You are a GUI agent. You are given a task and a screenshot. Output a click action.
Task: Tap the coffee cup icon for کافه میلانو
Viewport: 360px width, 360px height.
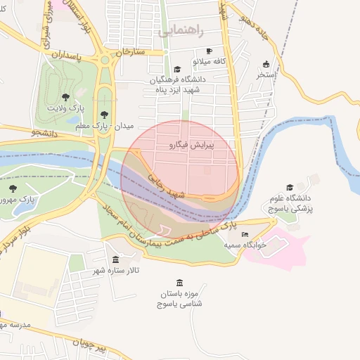pyautogui.click(x=209, y=51)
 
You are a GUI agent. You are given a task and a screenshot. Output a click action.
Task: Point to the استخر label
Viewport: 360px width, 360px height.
pyautogui.click(x=266, y=74)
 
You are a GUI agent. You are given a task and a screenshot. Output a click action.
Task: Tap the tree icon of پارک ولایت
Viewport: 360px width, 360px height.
pyautogui.click(x=65, y=97)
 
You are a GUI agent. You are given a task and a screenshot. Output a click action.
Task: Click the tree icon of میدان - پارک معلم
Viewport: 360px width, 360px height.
pyautogui.click(x=105, y=113)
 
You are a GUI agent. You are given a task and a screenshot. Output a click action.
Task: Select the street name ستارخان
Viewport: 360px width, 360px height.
pyautogui.click(x=129, y=52)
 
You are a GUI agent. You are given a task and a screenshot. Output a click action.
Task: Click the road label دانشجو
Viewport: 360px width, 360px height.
pyautogui.click(x=46, y=131)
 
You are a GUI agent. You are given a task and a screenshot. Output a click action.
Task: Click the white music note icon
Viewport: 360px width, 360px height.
pyautogui.click(x=165, y=230)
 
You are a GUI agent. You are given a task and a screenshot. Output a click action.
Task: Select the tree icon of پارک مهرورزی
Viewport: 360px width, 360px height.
pyautogui.click(x=13, y=188)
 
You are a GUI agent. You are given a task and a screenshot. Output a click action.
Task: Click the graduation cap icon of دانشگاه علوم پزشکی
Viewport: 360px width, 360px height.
pyautogui.click(x=289, y=187)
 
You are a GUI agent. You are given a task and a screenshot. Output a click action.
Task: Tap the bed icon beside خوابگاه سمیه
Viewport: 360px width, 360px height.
pyautogui.click(x=245, y=234)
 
